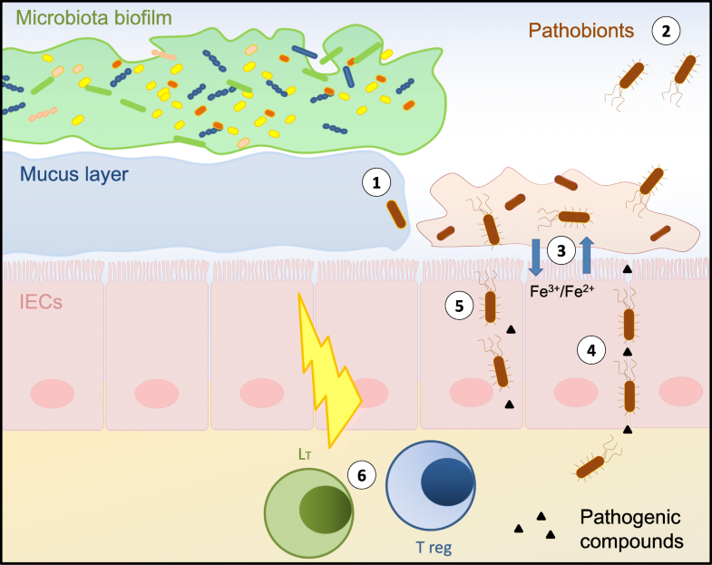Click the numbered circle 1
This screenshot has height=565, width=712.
coord(376,183)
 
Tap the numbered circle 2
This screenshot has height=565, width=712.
coord(666,32)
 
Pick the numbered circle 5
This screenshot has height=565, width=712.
coord(459,307)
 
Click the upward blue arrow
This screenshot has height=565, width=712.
coord(587,253)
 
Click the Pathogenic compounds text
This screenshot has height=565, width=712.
coord(633,530)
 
